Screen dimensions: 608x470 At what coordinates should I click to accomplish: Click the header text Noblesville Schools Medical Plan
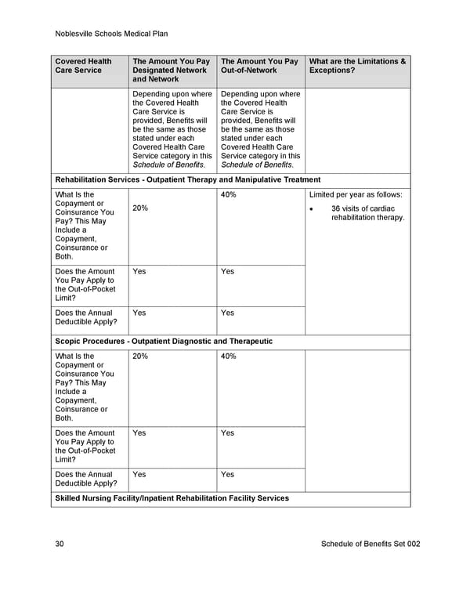[112, 34]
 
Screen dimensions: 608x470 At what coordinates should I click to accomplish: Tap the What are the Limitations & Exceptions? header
[357, 66]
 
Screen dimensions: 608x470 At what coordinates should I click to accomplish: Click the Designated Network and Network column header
[172, 70]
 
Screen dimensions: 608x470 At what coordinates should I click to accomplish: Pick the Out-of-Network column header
[259, 66]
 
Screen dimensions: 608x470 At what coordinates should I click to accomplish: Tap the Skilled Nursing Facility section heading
[172, 498]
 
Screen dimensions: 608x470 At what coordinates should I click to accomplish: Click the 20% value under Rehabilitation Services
[140, 208]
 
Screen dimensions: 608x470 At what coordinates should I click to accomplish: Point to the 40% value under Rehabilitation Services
[229, 194]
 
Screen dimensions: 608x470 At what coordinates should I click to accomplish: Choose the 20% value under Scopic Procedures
[140, 356]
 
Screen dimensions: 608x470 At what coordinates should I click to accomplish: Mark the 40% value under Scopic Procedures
[229, 356]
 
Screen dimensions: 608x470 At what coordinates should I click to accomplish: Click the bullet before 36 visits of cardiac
[313, 209]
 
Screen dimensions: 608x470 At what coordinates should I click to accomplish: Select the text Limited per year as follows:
[356, 194]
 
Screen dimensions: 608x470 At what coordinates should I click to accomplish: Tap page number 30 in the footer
[60, 545]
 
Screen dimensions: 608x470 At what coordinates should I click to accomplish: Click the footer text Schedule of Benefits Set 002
[371, 545]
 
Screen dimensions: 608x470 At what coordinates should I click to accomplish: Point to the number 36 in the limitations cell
[337, 208]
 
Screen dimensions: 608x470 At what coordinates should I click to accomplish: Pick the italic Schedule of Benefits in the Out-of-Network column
[257, 165]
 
